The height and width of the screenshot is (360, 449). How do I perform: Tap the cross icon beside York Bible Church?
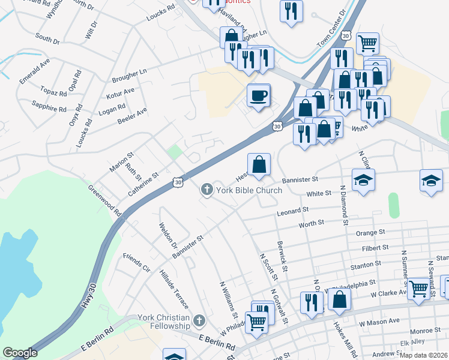pyautogui.click(x=206, y=190)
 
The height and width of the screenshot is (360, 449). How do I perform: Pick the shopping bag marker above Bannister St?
pyautogui.click(x=259, y=164)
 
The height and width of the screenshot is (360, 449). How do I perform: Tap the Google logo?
pyautogui.click(x=20, y=353)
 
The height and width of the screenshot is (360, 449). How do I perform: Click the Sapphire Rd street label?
pyautogui.click(x=51, y=105)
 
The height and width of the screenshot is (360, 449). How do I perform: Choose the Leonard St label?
pyautogui.click(x=292, y=212)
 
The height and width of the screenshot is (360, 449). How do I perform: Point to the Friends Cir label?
pyautogui.click(x=136, y=262)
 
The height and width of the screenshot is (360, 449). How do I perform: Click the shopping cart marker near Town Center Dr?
pyautogui.click(x=367, y=43)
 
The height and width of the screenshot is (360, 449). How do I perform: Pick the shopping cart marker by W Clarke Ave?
pyautogui.click(x=418, y=289)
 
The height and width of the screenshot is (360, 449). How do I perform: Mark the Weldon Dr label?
pyautogui.click(x=168, y=237)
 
